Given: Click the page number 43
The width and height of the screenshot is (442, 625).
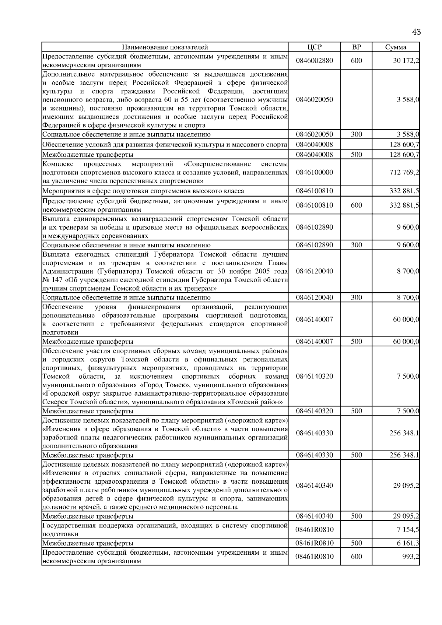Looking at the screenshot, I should point(416,32).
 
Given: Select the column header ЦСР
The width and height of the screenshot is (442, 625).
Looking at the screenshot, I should point(314,47).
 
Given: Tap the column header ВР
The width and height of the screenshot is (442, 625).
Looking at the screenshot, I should point(356,47).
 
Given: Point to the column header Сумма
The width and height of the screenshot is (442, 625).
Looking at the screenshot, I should point(396,47).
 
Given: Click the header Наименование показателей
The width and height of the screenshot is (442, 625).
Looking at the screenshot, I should point(165,47).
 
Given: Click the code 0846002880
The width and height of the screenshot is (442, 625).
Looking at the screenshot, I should point(314,61).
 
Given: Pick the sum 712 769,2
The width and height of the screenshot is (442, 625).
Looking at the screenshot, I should point(404,172).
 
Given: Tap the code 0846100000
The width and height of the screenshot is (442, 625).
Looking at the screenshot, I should point(314,172).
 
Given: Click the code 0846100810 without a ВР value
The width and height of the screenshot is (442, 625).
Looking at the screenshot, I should point(314,191).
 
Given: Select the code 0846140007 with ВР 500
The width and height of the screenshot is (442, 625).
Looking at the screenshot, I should point(314,342).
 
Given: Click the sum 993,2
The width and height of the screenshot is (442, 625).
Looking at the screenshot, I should point(410,557).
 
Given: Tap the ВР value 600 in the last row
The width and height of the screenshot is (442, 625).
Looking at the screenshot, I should point(356,557).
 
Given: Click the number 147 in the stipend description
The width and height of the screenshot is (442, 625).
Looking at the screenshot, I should point(54,280).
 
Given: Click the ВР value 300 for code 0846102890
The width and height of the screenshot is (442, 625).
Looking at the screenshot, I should point(356,245).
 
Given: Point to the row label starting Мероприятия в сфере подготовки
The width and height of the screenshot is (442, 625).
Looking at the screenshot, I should point(143,191).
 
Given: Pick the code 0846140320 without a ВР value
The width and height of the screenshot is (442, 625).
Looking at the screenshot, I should point(314,376).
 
